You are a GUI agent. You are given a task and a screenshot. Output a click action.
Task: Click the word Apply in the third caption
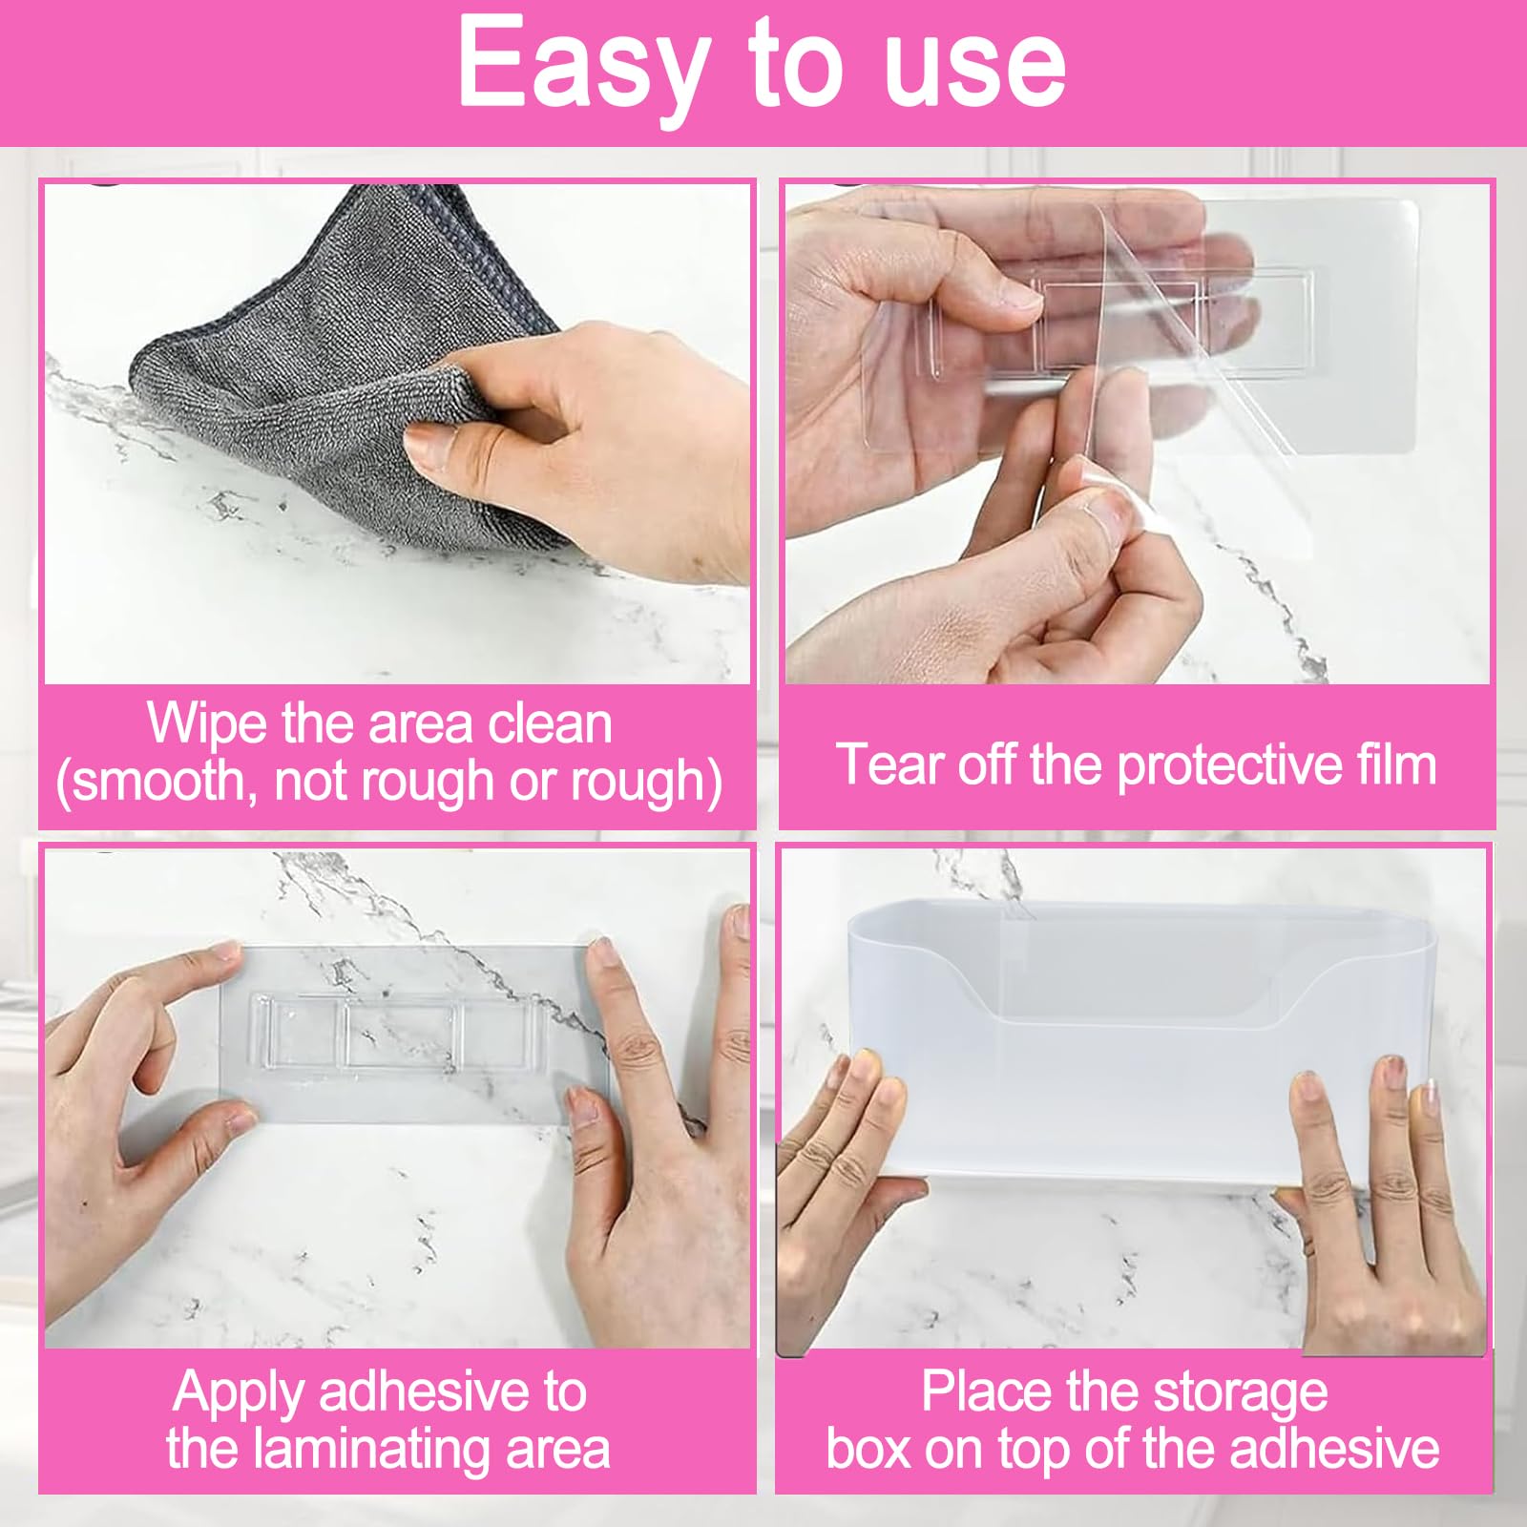(x=240, y=1393)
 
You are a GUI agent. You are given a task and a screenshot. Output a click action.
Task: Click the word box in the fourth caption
(x=868, y=1449)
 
